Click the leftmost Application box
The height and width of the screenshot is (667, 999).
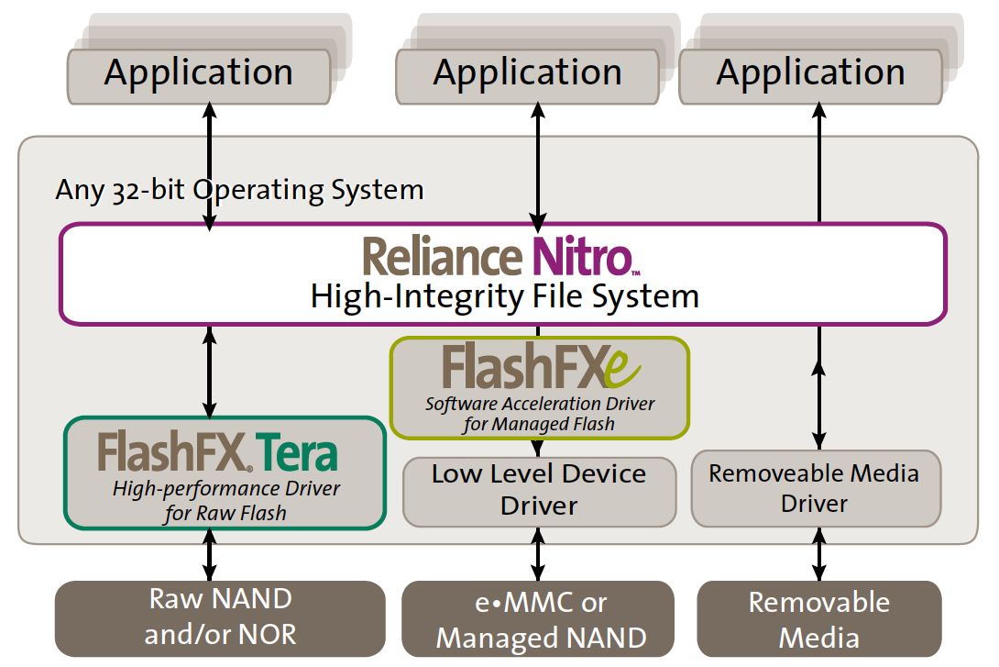tap(199, 76)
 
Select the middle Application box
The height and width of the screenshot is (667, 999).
tap(528, 76)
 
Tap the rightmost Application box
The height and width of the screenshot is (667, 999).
tap(810, 76)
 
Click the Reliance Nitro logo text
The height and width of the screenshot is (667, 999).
tap(501, 256)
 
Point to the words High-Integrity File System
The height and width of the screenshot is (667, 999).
tap(505, 296)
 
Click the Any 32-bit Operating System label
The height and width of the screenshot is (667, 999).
tap(239, 190)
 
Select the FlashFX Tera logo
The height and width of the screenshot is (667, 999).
tap(217, 451)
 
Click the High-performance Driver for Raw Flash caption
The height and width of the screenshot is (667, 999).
tap(225, 501)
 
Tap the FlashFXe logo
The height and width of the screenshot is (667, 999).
tap(541, 366)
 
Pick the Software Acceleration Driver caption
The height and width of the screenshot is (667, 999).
tap(540, 414)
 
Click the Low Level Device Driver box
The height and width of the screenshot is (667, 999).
tap(540, 492)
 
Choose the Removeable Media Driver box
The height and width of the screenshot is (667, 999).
tap(816, 488)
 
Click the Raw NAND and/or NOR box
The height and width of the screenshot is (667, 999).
tap(221, 617)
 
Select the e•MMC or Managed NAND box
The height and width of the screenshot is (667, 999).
tap(538, 618)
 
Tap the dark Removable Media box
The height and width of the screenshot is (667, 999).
tap(819, 618)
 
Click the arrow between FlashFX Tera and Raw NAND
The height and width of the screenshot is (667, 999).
tap(210, 555)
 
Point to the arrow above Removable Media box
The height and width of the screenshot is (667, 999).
tap(819, 554)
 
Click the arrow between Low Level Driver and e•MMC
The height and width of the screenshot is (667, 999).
tap(538, 554)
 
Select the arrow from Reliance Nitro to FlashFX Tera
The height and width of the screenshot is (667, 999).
tap(210, 372)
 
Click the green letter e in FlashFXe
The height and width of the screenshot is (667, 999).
tap(621, 368)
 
